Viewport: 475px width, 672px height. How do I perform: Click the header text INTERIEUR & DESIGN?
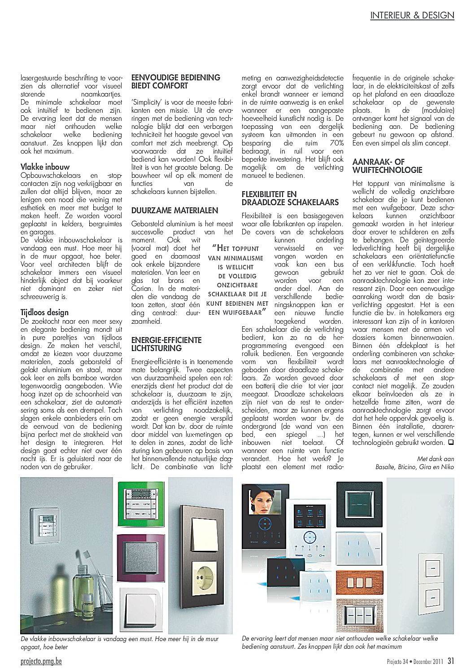[x=412, y=15]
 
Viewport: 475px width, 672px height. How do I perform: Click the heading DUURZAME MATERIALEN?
[x=174, y=211]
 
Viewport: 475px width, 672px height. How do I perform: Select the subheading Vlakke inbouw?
[x=45, y=167]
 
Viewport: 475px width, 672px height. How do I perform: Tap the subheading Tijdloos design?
[x=44, y=312]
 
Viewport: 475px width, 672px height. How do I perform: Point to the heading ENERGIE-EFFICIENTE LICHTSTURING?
[x=166, y=344]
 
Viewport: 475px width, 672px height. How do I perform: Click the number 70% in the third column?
[x=336, y=143]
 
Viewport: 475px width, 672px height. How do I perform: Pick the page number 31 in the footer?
[x=450, y=661]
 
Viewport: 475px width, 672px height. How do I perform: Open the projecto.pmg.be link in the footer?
[x=41, y=661]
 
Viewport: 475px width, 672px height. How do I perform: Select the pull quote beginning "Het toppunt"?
[x=238, y=280]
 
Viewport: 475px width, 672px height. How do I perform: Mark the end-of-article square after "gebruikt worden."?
[x=450, y=443]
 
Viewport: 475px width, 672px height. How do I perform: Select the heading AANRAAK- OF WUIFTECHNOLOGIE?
[x=387, y=166]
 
